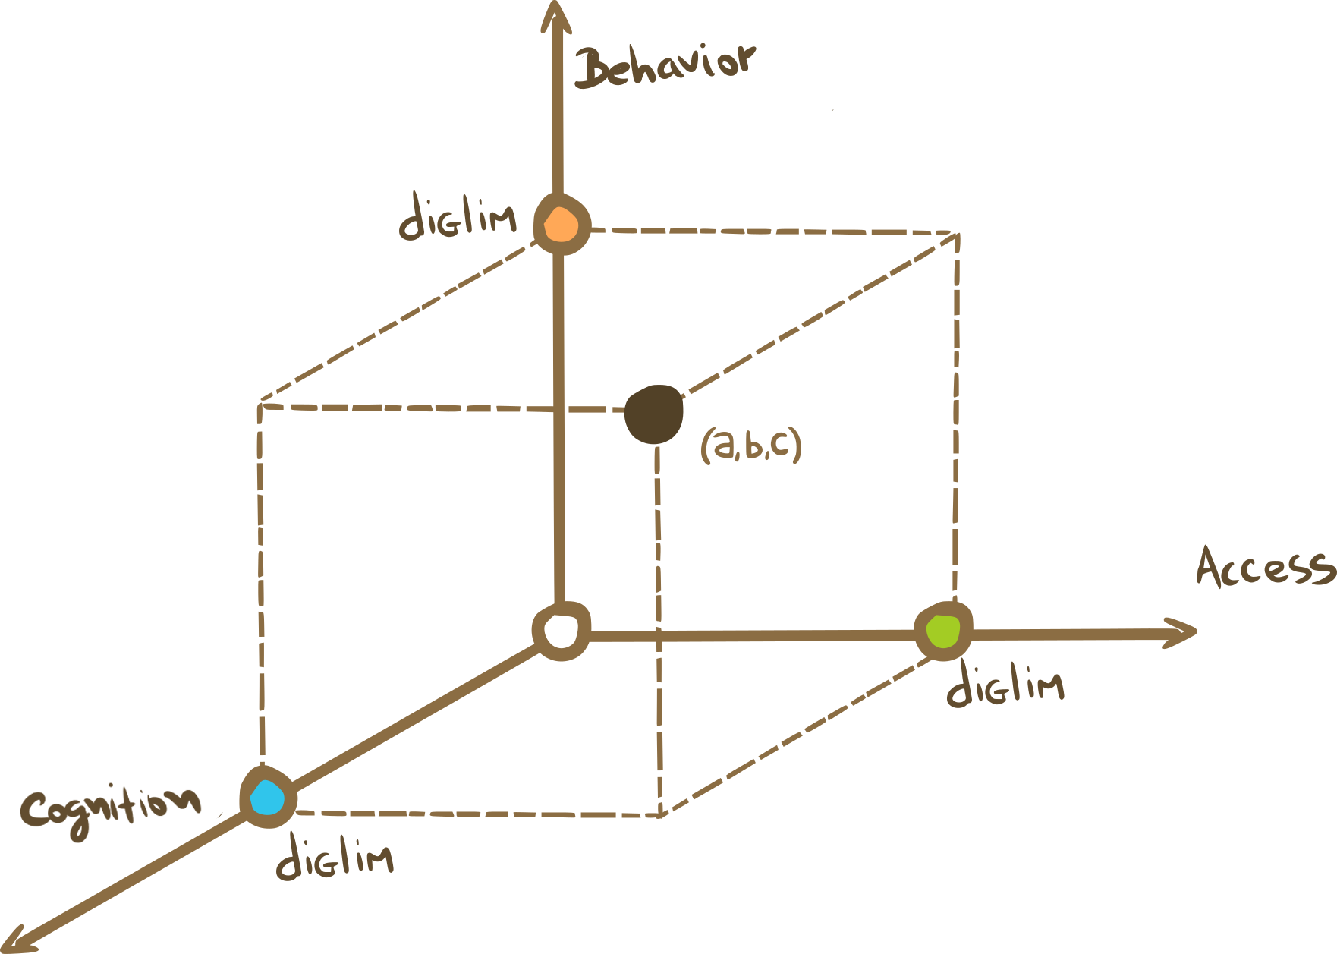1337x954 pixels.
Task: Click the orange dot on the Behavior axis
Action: click(562, 225)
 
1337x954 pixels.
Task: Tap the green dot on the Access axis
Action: click(943, 631)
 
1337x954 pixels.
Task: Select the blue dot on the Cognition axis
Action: click(268, 798)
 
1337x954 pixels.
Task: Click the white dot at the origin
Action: click(562, 631)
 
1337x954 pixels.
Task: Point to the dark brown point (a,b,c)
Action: click(653, 414)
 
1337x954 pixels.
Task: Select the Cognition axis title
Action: click(111, 808)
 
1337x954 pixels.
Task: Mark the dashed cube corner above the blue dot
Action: click(260, 403)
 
